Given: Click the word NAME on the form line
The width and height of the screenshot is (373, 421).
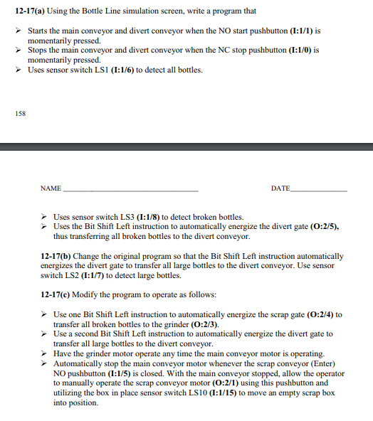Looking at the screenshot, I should click(x=51, y=188).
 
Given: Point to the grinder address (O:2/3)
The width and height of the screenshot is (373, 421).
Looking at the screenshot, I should click(x=203, y=324).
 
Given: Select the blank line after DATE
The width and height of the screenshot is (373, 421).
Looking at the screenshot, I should click(x=320, y=191).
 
